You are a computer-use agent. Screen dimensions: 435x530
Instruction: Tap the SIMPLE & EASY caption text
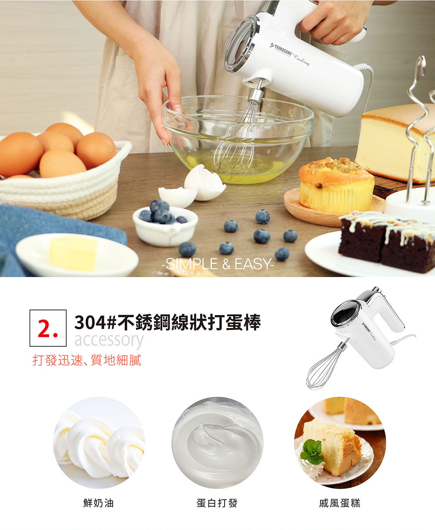coord(217,264)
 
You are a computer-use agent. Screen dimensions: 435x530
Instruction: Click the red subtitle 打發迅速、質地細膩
coord(87,360)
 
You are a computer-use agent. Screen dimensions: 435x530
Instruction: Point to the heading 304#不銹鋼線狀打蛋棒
coord(167,322)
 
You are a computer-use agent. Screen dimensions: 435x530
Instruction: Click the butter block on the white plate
coord(73,254)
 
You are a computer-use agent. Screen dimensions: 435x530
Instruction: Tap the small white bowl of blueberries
coord(165,225)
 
